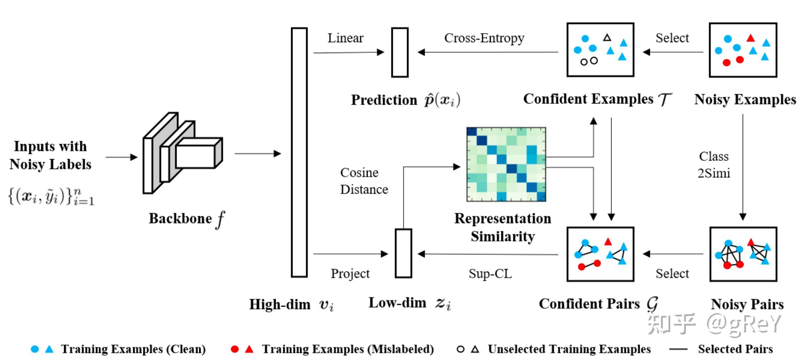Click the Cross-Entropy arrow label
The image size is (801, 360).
coord(484,38)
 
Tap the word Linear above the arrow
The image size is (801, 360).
coord(345,38)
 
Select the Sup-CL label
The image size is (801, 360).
coord(490,274)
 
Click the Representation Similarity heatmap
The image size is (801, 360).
coord(506,164)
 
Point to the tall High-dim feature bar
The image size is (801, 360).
coord(299,153)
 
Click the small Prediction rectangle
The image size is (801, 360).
coord(400,52)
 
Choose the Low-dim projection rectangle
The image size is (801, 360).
coord(403,253)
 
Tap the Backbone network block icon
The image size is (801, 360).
coord(182,153)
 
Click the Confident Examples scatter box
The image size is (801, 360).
coord(600,50)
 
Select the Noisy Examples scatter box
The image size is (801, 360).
coord(743,50)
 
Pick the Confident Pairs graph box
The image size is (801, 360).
coord(600,254)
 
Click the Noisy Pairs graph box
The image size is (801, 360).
coord(743,254)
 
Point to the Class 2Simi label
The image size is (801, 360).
coord(714,165)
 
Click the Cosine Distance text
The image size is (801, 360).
coord(364,181)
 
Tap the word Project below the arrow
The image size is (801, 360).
coord(350,274)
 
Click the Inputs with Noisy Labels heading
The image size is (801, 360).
coord(50,155)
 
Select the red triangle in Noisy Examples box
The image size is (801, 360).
coord(751,38)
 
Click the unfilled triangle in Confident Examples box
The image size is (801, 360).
coord(607,37)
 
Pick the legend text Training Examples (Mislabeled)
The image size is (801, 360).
coord(348,349)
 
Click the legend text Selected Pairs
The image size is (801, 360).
coord(735,349)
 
